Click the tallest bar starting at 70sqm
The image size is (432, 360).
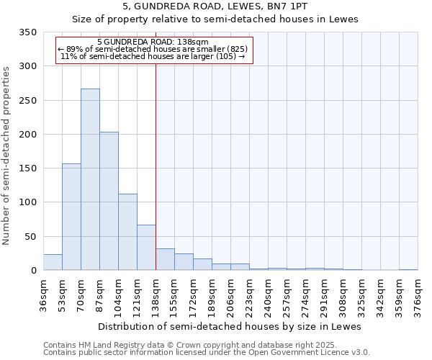[x=90, y=180]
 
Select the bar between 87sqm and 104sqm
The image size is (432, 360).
[x=109, y=202]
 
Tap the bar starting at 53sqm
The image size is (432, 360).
[x=71, y=216]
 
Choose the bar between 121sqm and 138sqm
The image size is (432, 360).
[x=146, y=248]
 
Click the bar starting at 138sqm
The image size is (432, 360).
[x=165, y=260]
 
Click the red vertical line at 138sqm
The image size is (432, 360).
[x=156, y=144]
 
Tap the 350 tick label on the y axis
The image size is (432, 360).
[x=27, y=32]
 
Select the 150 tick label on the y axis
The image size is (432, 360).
[x=27, y=168]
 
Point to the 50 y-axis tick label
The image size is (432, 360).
[x=30, y=237]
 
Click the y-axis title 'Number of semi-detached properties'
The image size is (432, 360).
[x=6, y=155]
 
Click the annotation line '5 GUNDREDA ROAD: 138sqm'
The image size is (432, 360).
[x=153, y=42]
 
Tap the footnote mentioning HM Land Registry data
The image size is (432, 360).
[x=206, y=345]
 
